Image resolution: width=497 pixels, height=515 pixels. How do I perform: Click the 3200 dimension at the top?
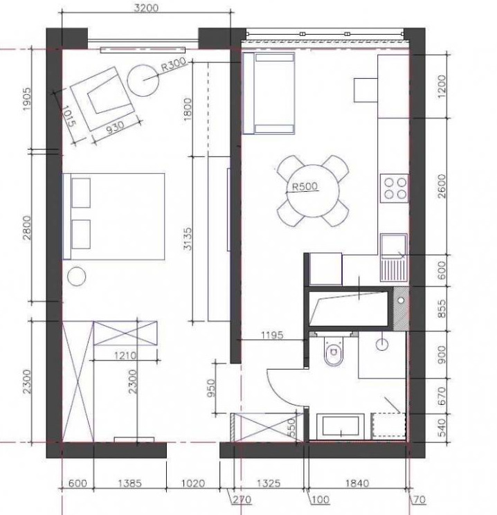(146, 8)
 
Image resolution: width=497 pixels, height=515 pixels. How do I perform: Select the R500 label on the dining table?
(305, 187)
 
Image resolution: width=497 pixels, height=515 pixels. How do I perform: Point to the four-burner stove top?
(395, 188)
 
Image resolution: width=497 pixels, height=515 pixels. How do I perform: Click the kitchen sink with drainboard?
(394, 257)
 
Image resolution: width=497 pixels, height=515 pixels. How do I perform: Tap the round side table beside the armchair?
(143, 80)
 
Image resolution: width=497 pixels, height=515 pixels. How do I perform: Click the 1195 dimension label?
(272, 335)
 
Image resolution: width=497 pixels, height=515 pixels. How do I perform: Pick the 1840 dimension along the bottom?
(357, 483)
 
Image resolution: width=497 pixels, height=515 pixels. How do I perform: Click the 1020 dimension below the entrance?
(193, 483)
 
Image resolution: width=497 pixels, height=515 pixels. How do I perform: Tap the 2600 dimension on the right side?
(442, 186)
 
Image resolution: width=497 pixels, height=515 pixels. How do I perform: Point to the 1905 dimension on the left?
(27, 99)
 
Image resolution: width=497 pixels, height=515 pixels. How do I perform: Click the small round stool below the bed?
(77, 277)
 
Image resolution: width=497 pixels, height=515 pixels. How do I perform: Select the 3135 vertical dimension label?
(187, 239)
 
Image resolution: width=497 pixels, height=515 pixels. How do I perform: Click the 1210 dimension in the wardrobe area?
(125, 355)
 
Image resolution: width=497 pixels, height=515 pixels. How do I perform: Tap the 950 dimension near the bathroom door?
(212, 388)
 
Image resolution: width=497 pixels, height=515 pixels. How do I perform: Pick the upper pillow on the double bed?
(81, 193)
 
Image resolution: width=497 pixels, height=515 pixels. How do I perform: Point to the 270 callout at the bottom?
(242, 500)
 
